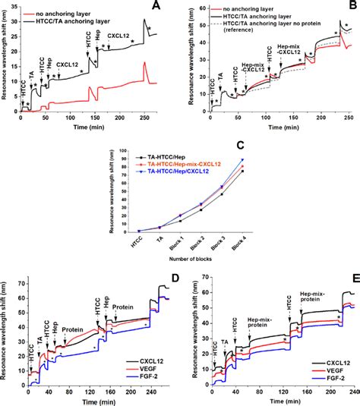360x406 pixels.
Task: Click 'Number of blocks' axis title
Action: [182, 260]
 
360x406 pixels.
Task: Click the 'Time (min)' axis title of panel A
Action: [96, 130]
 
